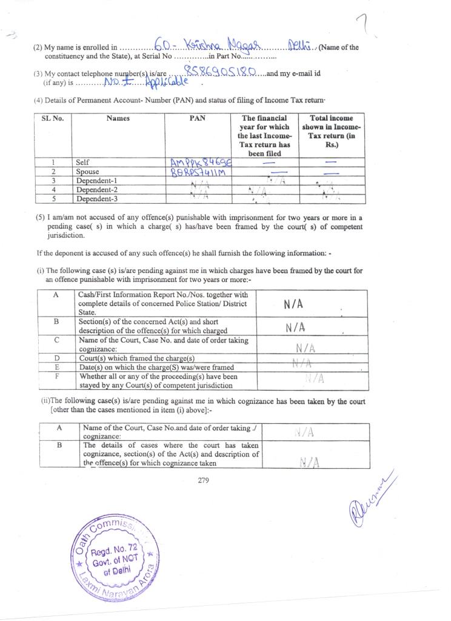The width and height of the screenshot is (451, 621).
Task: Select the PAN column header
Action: pos(197,118)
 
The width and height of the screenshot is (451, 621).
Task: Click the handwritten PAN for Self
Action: pos(198,162)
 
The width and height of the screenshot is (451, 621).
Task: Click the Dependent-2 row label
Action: pos(97,190)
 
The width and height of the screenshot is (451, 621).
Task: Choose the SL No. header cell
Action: pos(52,118)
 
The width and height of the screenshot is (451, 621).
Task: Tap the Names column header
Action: pos(118,118)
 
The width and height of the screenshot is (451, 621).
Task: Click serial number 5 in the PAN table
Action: pos(53,199)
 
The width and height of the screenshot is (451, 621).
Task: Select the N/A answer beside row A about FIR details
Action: pos(293,304)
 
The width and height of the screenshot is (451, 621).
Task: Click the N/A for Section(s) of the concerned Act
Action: pos(295,327)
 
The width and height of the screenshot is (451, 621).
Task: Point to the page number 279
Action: pos(203,481)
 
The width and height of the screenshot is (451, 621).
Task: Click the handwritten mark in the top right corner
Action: pos(365,24)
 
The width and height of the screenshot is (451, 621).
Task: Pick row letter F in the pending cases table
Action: pos(56,377)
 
